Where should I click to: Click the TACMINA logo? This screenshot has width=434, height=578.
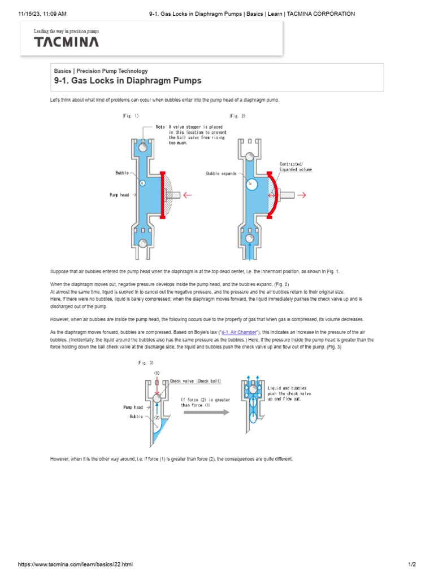click(x=66, y=42)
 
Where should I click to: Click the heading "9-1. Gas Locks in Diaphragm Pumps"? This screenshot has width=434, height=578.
click(x=128, y=81)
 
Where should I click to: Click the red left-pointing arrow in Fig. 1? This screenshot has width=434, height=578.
click(x=187, y=195)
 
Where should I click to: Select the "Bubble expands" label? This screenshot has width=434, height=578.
click(x=222, y=173)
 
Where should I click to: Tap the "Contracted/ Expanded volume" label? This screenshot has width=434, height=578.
click(x=296, y=167)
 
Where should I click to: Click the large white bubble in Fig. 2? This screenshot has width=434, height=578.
click(x=252, y=184)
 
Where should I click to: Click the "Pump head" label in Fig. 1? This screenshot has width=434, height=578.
click(x=120, y=195)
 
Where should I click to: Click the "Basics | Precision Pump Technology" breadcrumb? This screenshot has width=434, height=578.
click(x=101, y=71)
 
